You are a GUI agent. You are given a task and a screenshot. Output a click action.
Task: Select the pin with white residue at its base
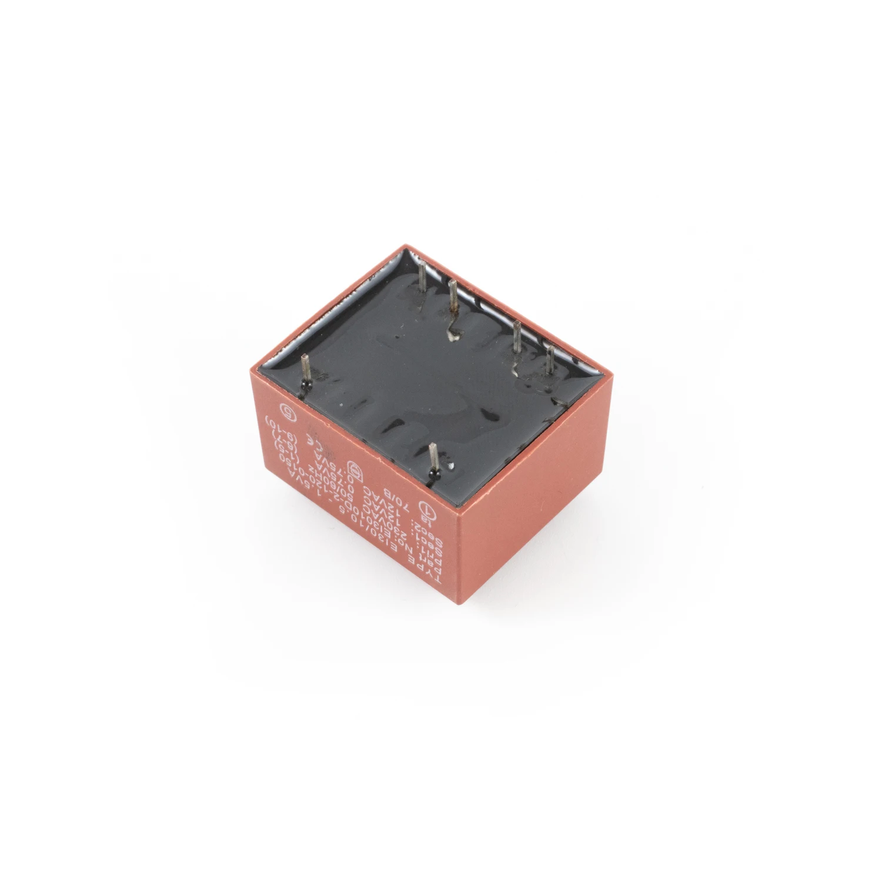click(x=453, y=306)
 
